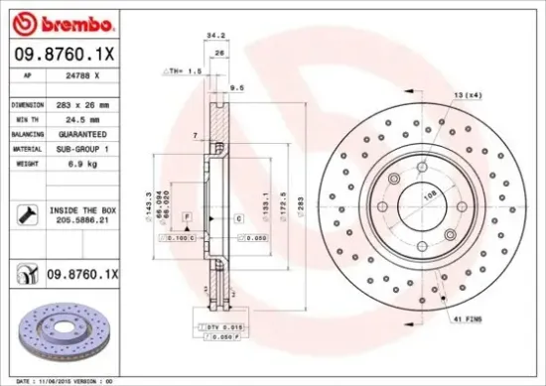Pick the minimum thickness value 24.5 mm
[x=67, y=118]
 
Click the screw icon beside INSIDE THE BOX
[x=23, y=212]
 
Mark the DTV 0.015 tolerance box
[x=221, y=326]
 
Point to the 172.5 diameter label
[x=283, y=204]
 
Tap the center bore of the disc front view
[x=424, y=206]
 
